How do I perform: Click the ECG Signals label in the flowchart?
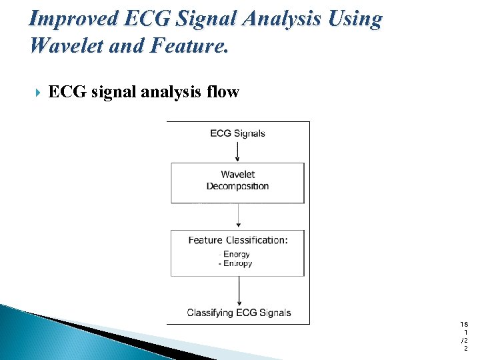point(237,133)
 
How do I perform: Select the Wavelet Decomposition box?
point(237,183)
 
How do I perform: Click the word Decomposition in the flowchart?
point(237,186)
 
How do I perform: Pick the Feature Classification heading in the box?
point(237,240)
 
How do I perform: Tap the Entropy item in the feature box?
point(235,263)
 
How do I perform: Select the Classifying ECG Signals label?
point(239,313)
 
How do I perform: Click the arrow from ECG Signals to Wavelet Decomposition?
point(238,151)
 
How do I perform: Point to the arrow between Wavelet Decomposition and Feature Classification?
point(238,217)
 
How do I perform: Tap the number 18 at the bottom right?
point(464,323)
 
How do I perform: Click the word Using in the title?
point(356,19)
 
